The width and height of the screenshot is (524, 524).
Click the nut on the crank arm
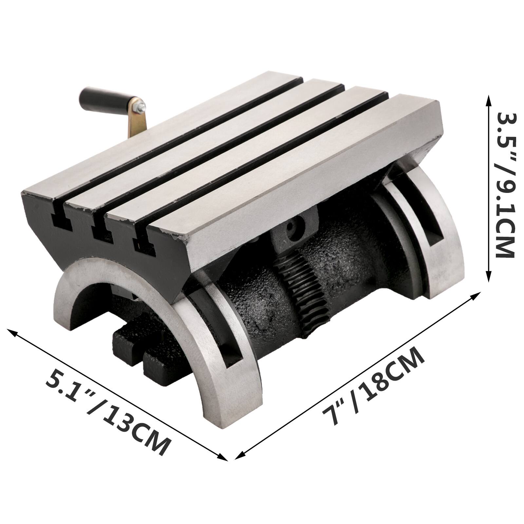pos(140,106)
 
